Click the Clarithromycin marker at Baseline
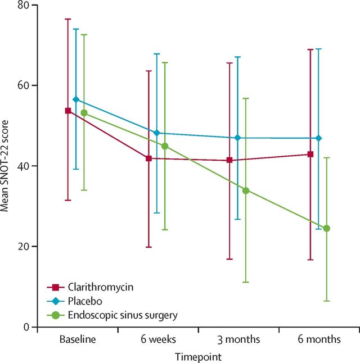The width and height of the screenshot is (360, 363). [x=68, y=111]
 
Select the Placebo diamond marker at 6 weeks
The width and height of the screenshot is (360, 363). [x=157, y=133]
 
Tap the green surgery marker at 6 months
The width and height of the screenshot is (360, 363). [x=326, y=228]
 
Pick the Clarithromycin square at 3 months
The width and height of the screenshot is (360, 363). [x=229, y=160]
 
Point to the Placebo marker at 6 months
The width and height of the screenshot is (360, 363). [x=319, y=138]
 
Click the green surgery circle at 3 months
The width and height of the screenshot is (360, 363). [x=245, y=190]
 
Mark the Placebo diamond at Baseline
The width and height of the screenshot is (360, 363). [x=76, y=99]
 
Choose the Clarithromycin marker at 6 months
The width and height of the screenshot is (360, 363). [x=310, y=154]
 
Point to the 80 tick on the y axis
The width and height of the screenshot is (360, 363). [x=25, y=5]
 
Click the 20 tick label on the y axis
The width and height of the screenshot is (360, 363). [x=25, y=246]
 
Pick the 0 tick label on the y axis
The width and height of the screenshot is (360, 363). [x=27, y=326]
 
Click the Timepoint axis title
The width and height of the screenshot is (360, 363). [x=197, y=356]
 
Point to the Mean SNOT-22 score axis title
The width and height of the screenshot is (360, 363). [x=5, y=166]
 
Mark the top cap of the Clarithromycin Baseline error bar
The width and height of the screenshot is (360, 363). [x=68, y=19]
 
